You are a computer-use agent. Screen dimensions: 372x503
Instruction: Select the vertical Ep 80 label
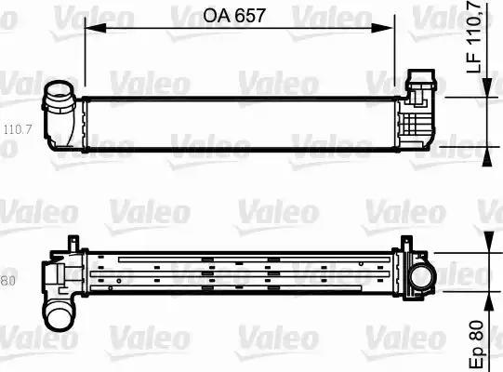476,336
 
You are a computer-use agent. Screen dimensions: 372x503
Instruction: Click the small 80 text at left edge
7,280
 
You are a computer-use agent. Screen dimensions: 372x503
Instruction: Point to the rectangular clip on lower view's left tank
64,275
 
